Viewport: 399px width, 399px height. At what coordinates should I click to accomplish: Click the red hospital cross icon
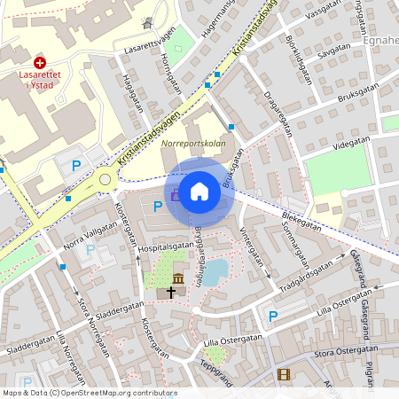[x=40, y=62]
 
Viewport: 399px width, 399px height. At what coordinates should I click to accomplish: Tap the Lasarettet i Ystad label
[x=40, y=80]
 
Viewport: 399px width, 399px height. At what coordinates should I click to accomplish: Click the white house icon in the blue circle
[x=199, y=192]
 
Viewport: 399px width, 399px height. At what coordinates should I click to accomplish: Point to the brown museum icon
[x=178, y=280]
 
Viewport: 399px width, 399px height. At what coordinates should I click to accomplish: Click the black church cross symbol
[x=170, y=292]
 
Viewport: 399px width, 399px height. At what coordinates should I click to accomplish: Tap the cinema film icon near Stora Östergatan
[x=283, y=375]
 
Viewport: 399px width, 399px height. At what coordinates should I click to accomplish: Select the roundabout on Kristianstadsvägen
[x=106, y=179]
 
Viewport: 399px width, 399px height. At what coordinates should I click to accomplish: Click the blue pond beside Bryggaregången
[x=216, y=270]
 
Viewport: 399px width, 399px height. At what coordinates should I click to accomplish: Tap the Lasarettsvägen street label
[x=150, y=40]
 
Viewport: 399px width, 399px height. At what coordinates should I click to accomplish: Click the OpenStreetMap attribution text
[x=89, y=392]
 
